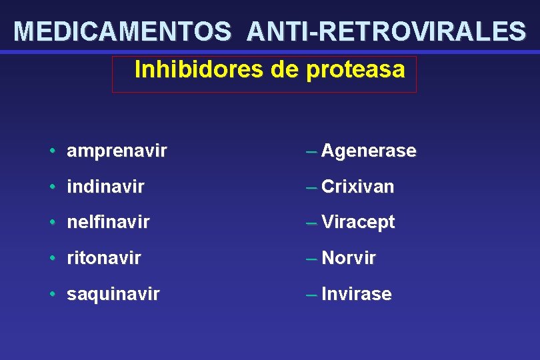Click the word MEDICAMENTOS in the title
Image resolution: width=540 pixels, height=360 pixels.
123,31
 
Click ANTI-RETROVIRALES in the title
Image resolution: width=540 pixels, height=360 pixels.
385,31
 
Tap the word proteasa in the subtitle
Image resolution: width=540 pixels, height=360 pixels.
355,69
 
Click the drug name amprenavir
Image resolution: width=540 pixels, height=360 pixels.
117,151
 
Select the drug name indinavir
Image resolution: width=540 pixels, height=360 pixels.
105,187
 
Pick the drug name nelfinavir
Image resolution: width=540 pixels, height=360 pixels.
108,223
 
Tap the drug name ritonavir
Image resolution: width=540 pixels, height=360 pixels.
104,258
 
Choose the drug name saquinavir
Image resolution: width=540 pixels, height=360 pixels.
113,294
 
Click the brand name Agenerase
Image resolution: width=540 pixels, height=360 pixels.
369,151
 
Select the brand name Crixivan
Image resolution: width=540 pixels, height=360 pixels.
357,187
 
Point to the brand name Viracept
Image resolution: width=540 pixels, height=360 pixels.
358,223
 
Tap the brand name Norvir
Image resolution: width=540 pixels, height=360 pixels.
349,258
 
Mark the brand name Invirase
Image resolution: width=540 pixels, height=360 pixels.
356,294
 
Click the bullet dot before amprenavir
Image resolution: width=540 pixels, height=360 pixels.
52,151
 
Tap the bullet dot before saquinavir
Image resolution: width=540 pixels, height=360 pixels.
52,294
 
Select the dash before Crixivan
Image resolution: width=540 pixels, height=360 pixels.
311,187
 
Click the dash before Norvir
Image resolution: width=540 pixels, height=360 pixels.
311,258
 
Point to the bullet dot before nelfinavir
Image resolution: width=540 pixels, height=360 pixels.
52,223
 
